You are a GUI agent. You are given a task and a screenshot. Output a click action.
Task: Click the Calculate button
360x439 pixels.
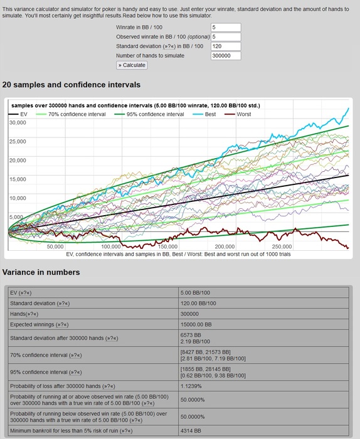[132, 65]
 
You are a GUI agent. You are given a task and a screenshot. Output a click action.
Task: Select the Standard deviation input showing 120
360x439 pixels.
[226, 46]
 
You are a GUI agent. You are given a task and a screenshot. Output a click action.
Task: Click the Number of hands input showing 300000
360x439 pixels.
[226, 56]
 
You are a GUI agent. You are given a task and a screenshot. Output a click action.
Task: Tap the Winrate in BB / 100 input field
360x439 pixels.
[226, 28]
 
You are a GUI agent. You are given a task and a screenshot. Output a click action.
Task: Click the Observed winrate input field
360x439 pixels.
[226, 36]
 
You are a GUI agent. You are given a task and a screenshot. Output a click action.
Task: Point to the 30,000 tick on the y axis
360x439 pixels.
[18, 123]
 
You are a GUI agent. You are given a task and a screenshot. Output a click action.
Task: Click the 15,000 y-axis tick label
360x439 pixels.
[18, 179]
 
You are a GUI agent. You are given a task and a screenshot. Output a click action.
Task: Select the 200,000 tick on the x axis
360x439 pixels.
[225, 246]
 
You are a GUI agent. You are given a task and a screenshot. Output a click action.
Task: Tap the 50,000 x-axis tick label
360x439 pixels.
[55, 246]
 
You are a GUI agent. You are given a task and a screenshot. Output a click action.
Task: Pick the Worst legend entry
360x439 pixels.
[238, 114]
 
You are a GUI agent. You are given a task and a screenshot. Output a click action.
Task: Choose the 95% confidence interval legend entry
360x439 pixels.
[149, 114]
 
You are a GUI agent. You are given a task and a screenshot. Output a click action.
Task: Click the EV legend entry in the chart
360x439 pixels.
[18, 114]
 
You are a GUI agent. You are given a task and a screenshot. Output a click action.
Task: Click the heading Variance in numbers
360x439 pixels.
[41, 272]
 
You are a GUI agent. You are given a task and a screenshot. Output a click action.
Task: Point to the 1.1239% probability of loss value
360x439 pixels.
[191, 386]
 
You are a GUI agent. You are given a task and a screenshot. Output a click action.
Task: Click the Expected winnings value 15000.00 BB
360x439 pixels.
[196, 324]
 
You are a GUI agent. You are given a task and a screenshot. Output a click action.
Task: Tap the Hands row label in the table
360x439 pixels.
[24, 314]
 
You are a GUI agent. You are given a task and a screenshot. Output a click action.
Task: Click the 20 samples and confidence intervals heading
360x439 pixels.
[71, 85]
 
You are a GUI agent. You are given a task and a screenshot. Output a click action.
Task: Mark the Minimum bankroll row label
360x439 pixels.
[71, 431]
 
